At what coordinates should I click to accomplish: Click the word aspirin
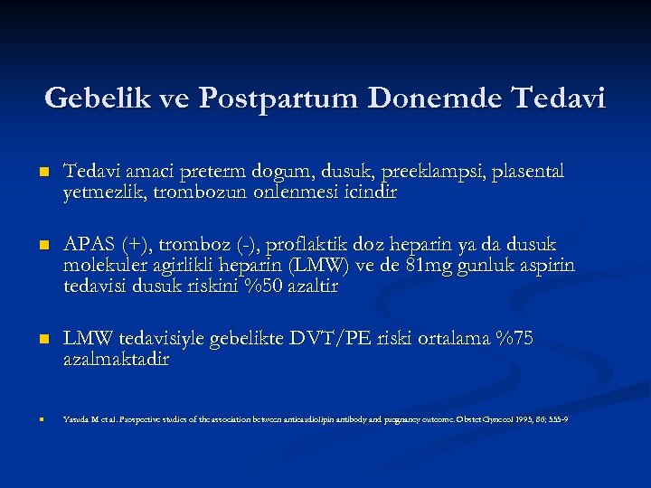tap(545, 266)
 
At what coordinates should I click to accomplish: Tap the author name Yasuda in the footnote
tap(76, 420)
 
